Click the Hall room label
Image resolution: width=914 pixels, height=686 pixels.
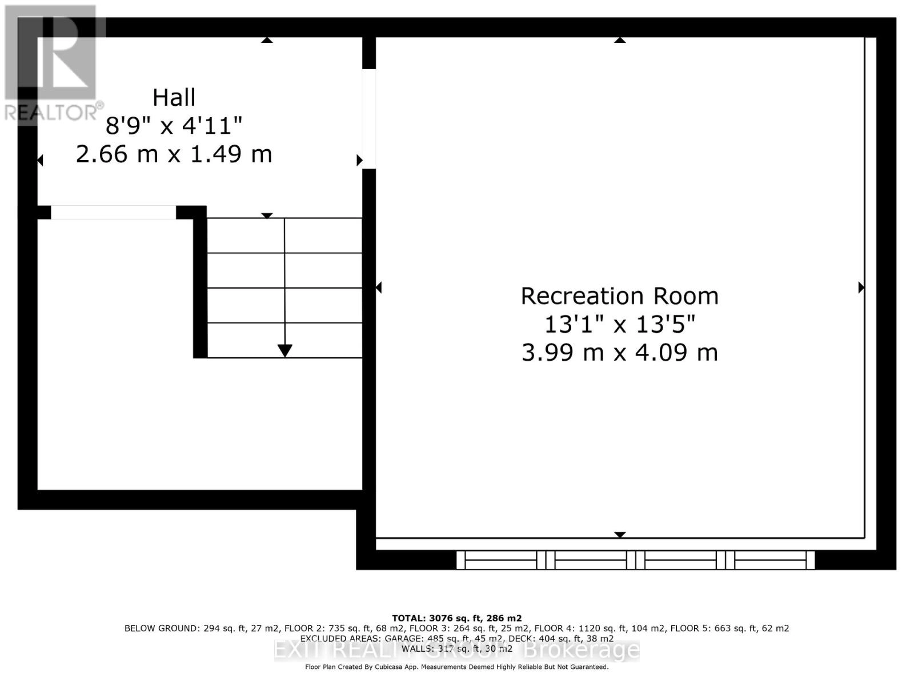pyautogui.click(x=174, y=98)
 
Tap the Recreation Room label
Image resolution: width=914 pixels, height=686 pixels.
pyautogui.click(x=619, y=296)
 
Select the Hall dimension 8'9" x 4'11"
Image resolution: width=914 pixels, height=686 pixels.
pyautogui.click(x=174, y=126)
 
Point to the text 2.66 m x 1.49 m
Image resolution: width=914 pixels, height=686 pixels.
pyautogui.click(x=174, y=154)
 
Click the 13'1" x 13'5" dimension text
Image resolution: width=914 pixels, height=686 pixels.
pyautogui.click(x=619, y=325)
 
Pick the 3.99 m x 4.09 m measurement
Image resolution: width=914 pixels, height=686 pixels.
pyautogui.click(x=619, y=353)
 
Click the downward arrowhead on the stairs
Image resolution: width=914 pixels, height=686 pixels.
pyautogui.click(x=284, y=350)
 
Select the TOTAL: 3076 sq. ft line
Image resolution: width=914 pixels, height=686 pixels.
pyautogui.click(x=456, y=618)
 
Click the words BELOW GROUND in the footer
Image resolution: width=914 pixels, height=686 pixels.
pyautogui.click(x=162, y=628)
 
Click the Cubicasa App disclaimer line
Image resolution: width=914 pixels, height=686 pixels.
pyautogui.click(x=456, y=667)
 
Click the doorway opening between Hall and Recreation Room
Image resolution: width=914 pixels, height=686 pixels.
pyautogui.click(x=369, y=118)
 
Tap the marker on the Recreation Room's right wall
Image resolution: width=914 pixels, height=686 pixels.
pyautogui.click(x=861, y=288)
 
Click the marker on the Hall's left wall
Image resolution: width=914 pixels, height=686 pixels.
pyautogui.click(x=40, y=161)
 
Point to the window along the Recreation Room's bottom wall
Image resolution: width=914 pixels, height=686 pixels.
pyautogui.click(x=635, y=560)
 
